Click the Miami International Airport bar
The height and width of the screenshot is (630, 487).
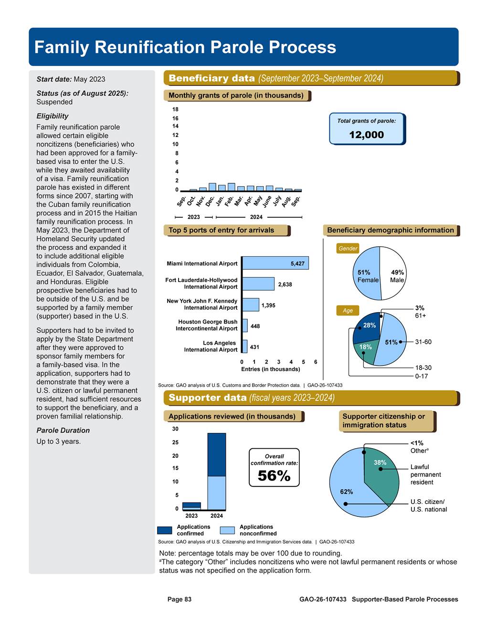pos(275,263)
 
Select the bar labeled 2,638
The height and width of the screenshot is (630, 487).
pos(258,284)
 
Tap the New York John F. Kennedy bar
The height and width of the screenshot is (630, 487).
pos(251,304)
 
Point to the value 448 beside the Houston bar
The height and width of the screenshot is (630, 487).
pos(255,326)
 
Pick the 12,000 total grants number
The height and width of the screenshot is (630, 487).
pos(366,135)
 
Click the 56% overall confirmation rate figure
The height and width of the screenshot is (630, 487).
pos(274,476)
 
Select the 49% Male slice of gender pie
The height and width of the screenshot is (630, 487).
pos(394,273)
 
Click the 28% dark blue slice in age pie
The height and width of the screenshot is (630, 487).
pos(368,329)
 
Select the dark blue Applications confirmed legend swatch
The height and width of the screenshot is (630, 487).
pos(165,530)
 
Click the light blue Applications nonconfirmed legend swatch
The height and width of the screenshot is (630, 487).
pos(227,530)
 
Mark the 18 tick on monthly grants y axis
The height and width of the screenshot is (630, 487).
pos(175,109)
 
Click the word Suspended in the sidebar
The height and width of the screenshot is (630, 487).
pos(54,102)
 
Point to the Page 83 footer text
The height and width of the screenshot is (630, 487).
pos(179,599)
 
